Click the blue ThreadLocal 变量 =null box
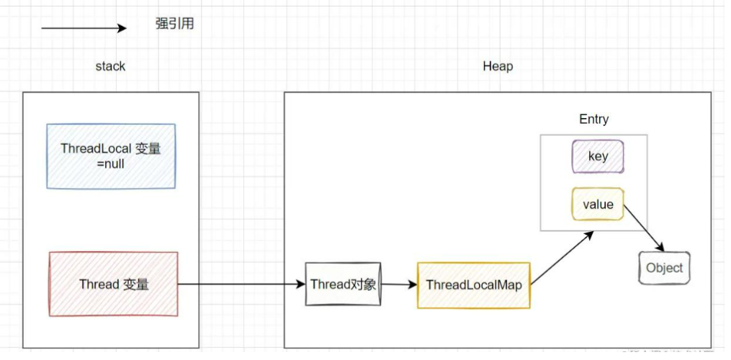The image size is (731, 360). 111,156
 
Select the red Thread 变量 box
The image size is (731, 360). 113,284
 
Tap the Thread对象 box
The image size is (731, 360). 343,284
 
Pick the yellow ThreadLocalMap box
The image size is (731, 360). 473,285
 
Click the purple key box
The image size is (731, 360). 597,156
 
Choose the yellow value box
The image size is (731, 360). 597,204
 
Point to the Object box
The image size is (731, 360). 664,268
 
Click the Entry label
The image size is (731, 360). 593,120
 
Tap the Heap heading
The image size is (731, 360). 498,66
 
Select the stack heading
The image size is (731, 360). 110,66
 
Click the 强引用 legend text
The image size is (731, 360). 174,24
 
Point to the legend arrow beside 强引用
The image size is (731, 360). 84,28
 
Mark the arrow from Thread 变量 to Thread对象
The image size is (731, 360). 241,284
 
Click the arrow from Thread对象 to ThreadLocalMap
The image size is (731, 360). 399,284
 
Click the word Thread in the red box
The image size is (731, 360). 99,284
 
